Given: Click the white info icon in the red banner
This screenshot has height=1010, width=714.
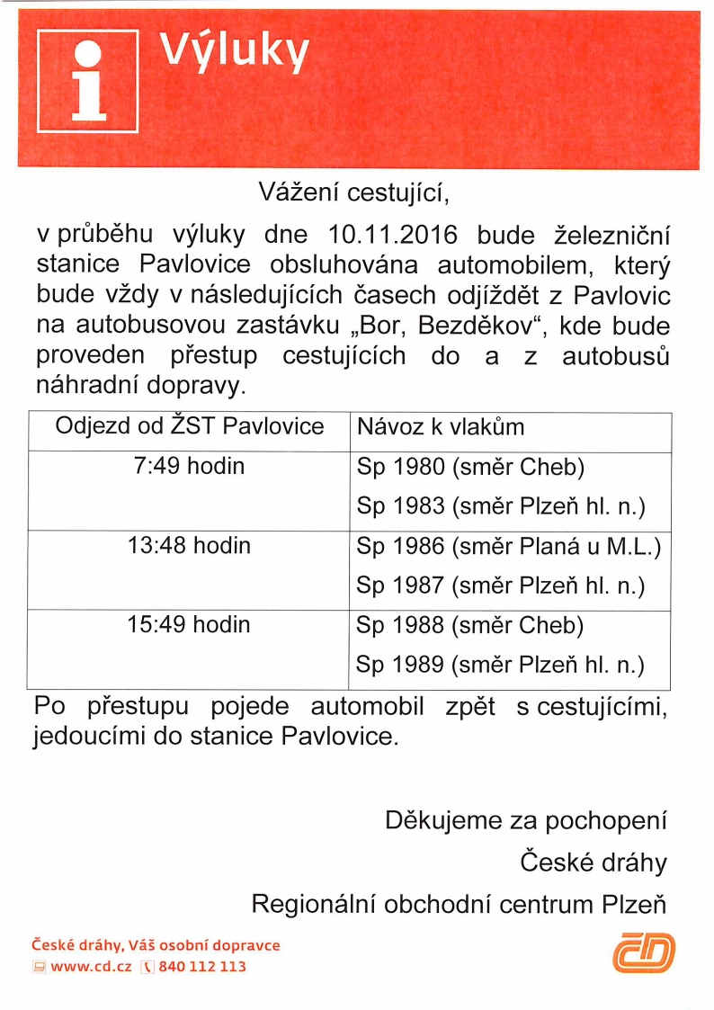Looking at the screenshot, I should (x=87, y=81).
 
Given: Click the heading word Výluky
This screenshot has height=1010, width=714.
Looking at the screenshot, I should (x=236, y=53).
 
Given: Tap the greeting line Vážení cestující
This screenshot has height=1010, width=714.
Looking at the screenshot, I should (x=353, y=192).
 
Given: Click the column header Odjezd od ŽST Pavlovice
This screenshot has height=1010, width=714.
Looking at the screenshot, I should (x=189, y=426).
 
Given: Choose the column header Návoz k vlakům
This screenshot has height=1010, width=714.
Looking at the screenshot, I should (x=441, y=426).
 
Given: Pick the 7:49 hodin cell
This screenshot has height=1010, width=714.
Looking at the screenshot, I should (x=189, y=468).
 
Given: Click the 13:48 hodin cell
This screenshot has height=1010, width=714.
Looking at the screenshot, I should (x=189, y=546).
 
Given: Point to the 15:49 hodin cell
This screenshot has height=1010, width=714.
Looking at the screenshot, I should (x=189, y=624).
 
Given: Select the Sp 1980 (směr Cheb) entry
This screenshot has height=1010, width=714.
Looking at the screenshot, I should (x=470, y=468).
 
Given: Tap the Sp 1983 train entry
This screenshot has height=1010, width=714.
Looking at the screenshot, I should (x=501, y=507).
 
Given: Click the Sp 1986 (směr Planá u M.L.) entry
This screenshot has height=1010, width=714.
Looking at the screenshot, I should (x=509, y=547).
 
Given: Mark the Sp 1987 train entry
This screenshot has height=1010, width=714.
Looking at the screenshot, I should (x=501, y=586).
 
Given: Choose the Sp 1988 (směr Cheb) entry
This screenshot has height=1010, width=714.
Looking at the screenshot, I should (x=470, y=625).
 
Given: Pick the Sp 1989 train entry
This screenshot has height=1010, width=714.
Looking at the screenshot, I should (x=501, y=666).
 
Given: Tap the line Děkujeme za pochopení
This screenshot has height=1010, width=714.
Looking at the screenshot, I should (x=526, y=820).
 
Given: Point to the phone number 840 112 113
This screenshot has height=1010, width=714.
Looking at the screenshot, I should (x=201, y=967).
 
